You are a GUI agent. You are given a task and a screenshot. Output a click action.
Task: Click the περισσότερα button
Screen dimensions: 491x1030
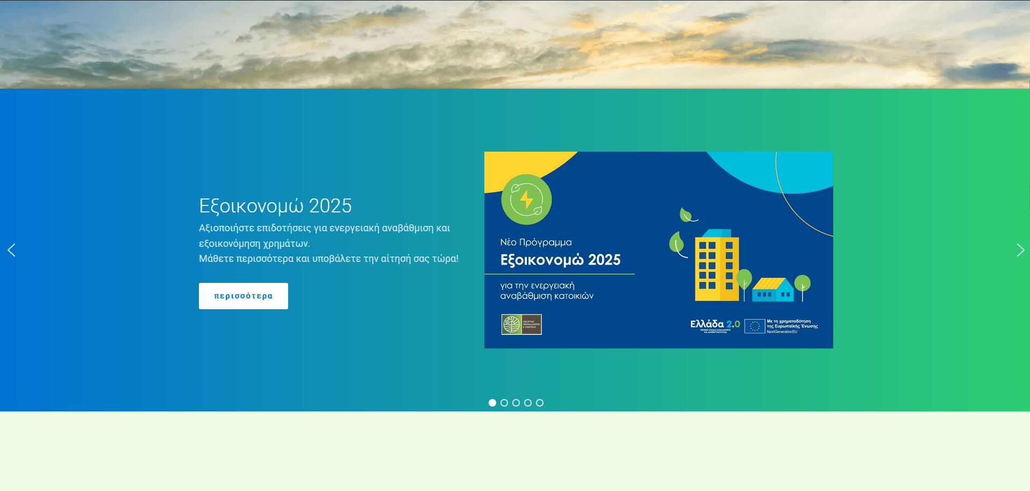[243, 296]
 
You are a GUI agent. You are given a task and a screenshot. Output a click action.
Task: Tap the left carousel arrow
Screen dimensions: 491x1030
[11, 250]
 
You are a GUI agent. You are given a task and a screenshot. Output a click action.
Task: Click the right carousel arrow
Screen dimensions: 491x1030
[1020, 250]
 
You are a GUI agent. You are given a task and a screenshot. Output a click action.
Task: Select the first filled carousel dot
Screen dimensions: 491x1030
[492, 403]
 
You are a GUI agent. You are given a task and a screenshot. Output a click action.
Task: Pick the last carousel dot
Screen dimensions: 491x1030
[540, 403]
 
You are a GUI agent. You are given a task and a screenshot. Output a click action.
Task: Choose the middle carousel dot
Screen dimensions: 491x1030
[516, 403]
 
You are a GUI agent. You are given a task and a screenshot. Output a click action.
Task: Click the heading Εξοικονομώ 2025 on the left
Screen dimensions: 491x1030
[275, 206]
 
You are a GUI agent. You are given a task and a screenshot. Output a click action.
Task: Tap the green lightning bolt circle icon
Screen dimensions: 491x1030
[526, 200]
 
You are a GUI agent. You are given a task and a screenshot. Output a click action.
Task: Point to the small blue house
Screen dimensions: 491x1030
[772, 290]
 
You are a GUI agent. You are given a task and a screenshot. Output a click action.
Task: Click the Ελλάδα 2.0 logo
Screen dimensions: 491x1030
[715, 325]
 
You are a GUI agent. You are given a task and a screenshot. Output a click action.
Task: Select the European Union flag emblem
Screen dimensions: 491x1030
[754, 326]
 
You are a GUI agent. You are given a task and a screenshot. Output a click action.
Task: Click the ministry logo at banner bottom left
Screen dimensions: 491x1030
[521, 324]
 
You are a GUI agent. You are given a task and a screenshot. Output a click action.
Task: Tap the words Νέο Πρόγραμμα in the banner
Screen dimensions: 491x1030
[536, 243]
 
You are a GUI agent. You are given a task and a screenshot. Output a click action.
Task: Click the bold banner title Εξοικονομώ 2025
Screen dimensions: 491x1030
[560, 260]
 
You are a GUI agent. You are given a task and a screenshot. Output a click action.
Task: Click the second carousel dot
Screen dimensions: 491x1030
[504, 403]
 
